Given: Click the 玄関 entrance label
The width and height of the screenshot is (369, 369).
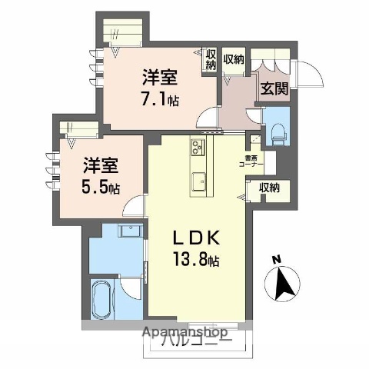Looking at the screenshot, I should click(x=273, y=88).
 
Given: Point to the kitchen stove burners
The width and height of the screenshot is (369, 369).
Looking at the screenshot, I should click(x=198, y=147).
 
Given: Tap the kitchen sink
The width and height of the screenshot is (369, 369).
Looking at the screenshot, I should click(x=198, y=182).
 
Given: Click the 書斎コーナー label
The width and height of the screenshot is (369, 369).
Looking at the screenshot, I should click(x=254, y=161).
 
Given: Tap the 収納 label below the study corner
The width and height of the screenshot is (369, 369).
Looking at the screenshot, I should click(x=269, y=187).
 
